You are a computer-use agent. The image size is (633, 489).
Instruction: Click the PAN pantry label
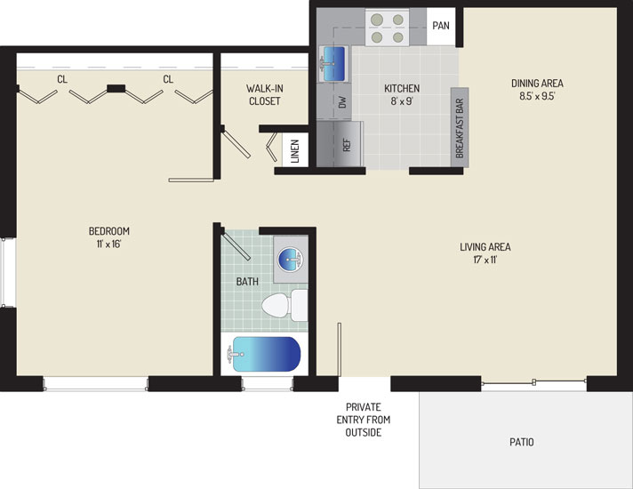pos(441,26)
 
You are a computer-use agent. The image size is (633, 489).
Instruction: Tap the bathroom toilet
pos(284,305)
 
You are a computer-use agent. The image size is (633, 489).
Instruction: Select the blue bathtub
pos(267,354)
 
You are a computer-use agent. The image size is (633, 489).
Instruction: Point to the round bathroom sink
pos(290,260)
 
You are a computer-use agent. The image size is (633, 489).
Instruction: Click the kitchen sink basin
pos(334,64)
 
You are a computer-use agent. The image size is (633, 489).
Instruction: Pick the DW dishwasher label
pos(343,101)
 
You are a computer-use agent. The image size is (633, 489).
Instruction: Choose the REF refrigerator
pos(340,144)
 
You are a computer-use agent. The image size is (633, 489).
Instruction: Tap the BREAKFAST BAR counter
pos(460,128)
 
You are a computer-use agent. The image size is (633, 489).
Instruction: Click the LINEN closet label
pos(295,151)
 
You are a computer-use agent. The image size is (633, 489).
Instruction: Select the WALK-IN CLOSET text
pos(265,94)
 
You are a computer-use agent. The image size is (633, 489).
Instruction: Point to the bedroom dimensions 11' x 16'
pos(109,244)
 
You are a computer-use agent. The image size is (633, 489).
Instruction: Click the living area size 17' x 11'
pos(485,260)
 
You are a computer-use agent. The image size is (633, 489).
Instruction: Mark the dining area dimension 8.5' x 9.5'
pos(537,96)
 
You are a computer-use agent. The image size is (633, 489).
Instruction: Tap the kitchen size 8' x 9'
pos(402,101)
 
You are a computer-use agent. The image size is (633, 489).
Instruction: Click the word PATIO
pos(522,442)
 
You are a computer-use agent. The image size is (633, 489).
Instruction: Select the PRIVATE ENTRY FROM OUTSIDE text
pos(364,420)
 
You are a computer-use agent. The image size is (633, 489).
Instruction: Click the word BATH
pos(247,282)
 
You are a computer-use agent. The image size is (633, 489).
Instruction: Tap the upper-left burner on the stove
pos(377,20)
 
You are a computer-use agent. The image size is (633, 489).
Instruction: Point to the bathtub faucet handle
pos(232,354)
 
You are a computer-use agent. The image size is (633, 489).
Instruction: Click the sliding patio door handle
pos(534,381)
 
